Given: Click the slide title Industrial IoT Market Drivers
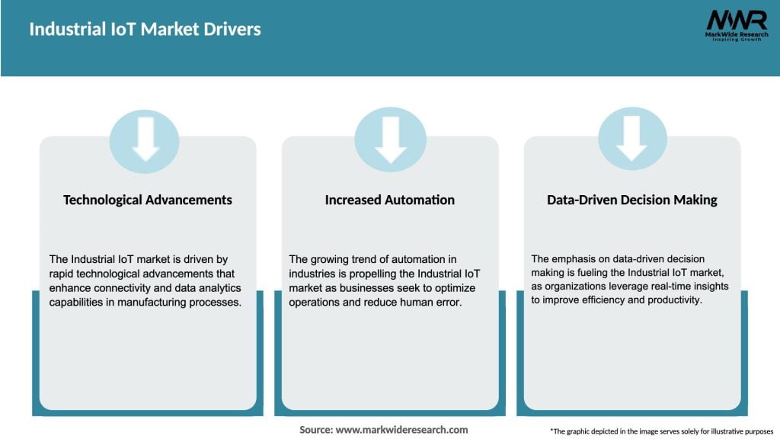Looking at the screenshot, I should click(145, 30).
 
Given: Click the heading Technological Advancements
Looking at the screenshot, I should click(148, 200).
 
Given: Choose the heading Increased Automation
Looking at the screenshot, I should click(390, 200).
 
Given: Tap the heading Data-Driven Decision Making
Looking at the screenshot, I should click(632, 200).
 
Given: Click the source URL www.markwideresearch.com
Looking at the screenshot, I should click(401, 430).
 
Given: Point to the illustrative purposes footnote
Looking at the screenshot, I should click(661, 431).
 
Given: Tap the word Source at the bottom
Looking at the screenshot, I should click(315, 430).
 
